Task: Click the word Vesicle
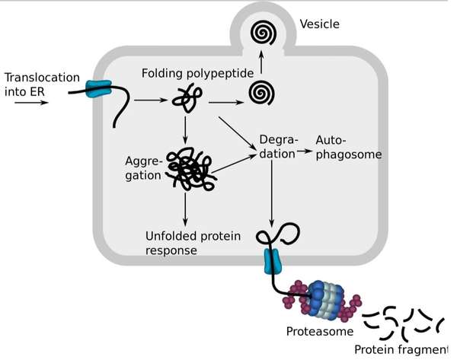pyautogui.click(x=319, y=24)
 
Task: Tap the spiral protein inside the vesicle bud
pyautogui.click(x=264, y=33)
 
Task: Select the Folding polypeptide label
pyautogui.click(x=197, y=73)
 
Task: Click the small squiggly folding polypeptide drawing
pyautogui.click(x=187, y=98)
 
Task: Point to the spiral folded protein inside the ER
pyautogui.click(x=261, y=93)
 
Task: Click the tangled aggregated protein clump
pyautogui.click(x=191, y=169)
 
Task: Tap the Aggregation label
pyautogui.click(x=143, y=168)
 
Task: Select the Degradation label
pyautogui.click(x=278, y=147)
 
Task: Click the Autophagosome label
pyautogui.click(x=349, y=148)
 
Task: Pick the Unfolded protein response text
pyautogui.click(x=193, y=244)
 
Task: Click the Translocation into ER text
pyautogui.click(x=42, y=84)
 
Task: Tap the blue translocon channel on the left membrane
pyautogui.click(x=98, y=89)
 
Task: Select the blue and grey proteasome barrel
pyautogui.click(x=326, y=301)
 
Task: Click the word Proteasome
pyautogui.click(x=320, y=331)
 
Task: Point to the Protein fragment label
pyautogui.click(x=401, y=349)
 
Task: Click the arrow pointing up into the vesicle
pyautogui.click(x=261, y=62)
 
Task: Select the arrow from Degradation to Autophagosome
pyautogui.click(x=304, y=151)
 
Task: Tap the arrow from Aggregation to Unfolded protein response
pyautogui.click(x=185, y=209)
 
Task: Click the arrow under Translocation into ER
pyautogui.click(x=31, y=102)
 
